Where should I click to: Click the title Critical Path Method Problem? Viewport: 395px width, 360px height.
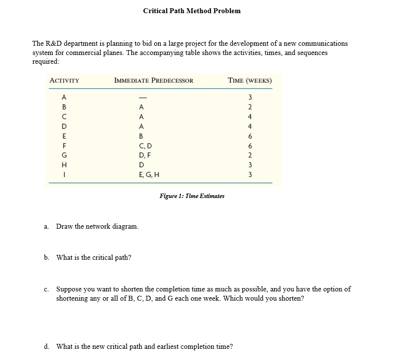(191, 11)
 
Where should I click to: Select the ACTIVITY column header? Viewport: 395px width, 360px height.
(65, 80)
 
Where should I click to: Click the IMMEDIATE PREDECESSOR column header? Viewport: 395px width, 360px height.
(153, 80)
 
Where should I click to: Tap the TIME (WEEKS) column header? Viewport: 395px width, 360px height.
(249, 80)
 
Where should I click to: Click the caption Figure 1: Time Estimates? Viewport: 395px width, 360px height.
(192, 196)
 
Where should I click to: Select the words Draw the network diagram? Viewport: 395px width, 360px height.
(97, 227)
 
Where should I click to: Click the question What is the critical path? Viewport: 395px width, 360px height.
(94, 257)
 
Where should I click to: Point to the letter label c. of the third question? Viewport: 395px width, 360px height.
(46, 289)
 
